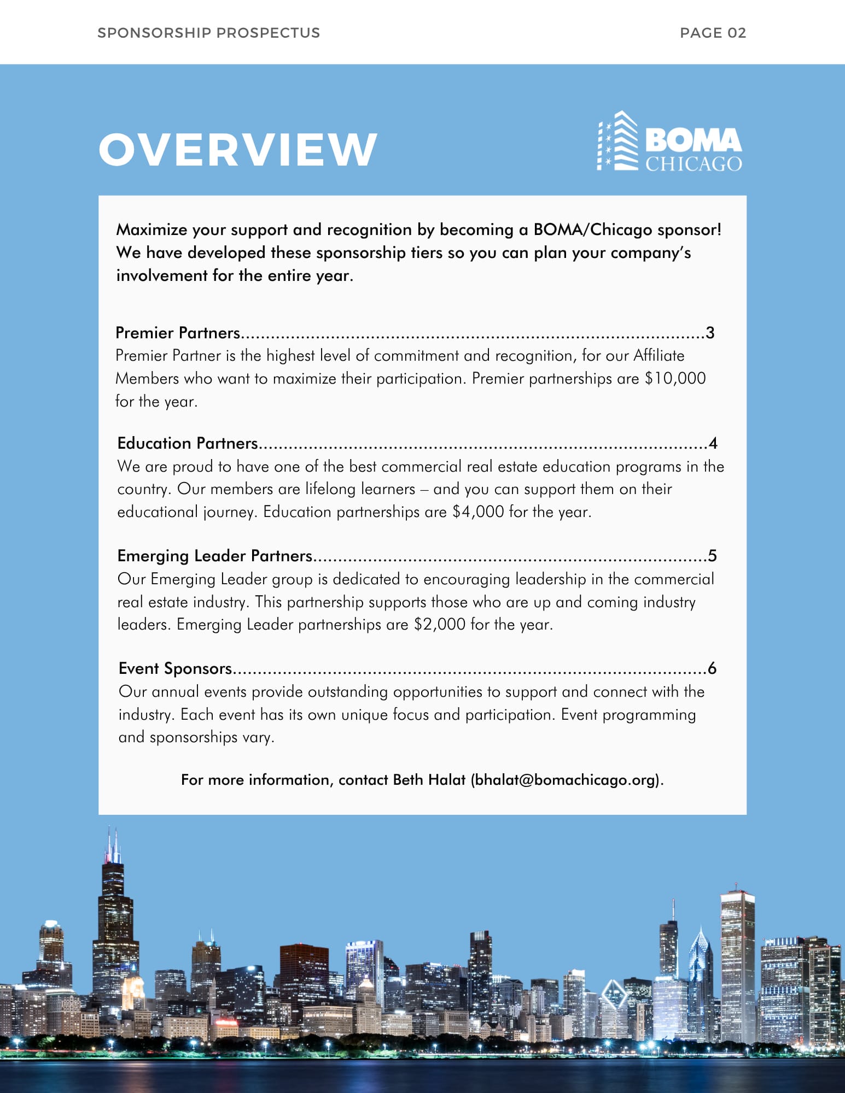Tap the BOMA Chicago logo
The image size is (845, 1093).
669,142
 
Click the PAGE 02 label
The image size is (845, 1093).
713,33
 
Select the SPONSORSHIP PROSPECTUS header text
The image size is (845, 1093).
208,33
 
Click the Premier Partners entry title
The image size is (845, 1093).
178,333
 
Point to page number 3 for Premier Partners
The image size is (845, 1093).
710,333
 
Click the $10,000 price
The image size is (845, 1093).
675,378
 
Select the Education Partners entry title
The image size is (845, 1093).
188,443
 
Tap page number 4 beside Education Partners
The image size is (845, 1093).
713,443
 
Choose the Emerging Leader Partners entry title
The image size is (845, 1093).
215,556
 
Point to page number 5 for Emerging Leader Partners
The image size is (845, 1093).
712,556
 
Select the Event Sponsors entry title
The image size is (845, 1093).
176,668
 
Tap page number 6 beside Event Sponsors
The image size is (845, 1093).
712,668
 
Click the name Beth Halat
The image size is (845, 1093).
429,780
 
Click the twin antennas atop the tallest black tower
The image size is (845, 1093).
113,844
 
